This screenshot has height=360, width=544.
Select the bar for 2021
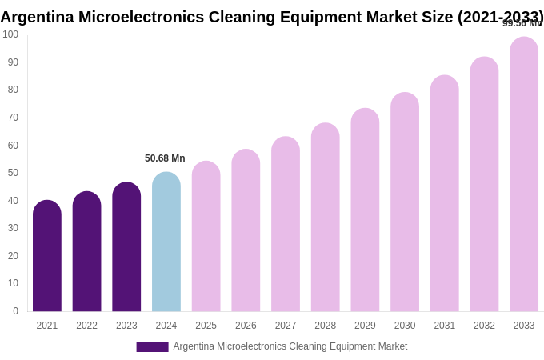47,256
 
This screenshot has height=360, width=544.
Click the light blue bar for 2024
166,242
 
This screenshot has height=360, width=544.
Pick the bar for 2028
326,218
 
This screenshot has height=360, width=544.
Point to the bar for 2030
405,202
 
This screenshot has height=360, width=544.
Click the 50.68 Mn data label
165,158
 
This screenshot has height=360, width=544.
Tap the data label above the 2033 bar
522,23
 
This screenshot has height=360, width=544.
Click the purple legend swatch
152,347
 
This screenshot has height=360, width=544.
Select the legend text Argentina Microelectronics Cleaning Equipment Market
290,346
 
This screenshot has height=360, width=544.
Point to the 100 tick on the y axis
10,34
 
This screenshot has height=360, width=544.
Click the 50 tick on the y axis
13,173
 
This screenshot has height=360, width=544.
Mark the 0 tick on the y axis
15,311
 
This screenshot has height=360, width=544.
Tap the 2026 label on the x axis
246,326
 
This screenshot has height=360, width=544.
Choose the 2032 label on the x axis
484,326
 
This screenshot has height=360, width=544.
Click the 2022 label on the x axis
86,326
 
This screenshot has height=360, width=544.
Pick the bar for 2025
206,236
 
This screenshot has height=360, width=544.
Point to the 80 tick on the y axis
13,90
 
